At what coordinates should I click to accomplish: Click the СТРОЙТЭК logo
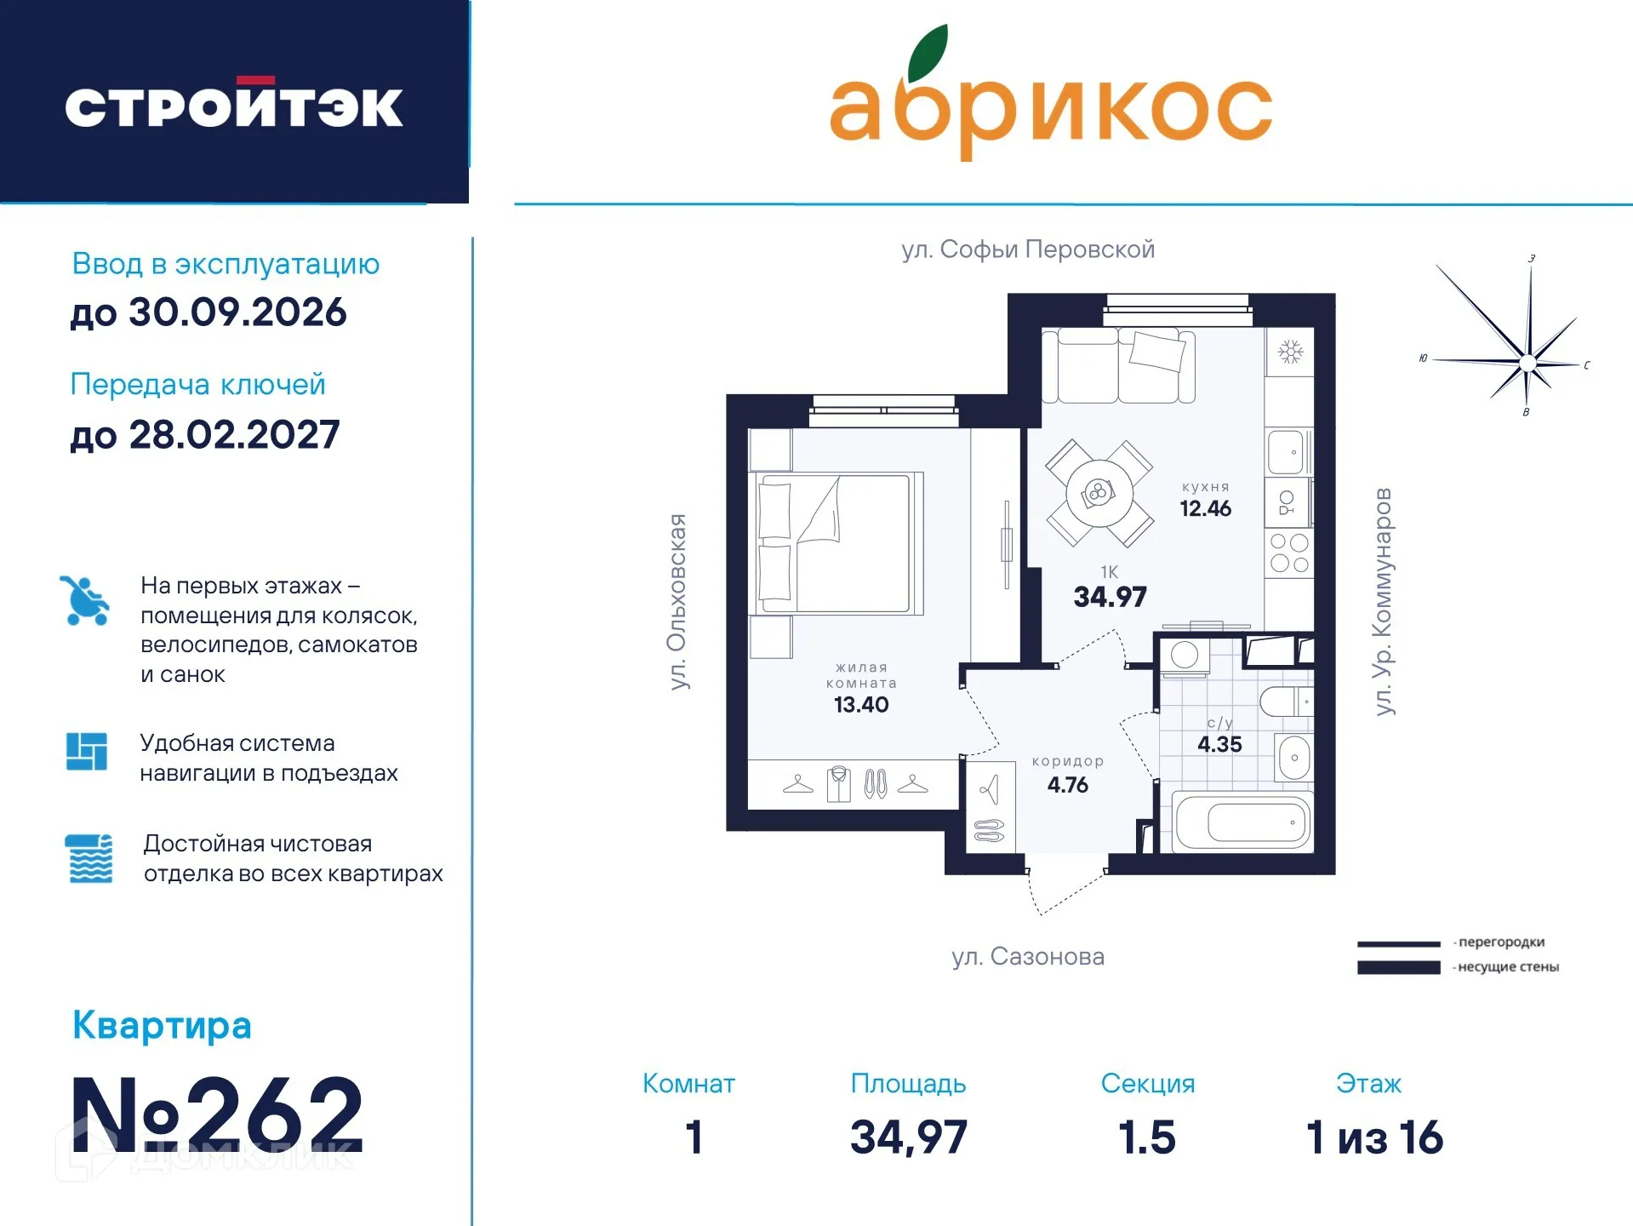tap(233, 106)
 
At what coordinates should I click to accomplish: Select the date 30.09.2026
tap(237, 312)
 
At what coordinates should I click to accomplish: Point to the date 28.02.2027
tap(234, 435)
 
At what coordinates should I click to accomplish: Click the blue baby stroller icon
tap(85, 601)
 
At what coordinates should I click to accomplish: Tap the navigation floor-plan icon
tap(87, 752)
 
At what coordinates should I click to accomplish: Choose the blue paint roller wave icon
tap(89, 858)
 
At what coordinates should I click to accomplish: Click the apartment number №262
tap(218, 1114)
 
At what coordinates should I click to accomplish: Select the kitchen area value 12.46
tap(1205, 509)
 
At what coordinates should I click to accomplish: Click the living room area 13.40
tap(861, 705)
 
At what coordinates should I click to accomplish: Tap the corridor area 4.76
tap(1067, 785)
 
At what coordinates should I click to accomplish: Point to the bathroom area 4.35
tap(1219, 745)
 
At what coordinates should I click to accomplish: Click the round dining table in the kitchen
tap(1099, 493)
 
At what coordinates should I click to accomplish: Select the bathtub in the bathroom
tap(1242, 822)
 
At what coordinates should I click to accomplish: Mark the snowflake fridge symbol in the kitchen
tap(1290, 352)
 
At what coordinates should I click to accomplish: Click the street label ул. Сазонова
tap(1028, 957)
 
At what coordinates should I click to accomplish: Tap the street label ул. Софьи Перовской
tap(1028, 249)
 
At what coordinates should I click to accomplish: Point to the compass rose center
tap(1527, 364)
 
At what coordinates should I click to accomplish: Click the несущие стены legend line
tap(1398, 967)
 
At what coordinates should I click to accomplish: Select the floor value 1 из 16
tap(1374, 1138)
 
